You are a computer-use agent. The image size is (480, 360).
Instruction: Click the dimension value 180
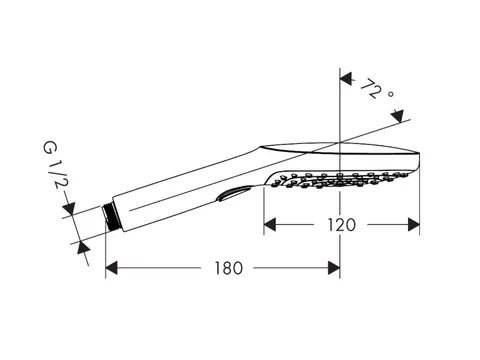coord(228,268)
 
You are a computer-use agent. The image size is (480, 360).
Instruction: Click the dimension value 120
coord(342,225)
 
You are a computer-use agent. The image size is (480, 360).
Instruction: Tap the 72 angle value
coord(371,89)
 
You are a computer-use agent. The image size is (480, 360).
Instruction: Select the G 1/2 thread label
coord(55,165)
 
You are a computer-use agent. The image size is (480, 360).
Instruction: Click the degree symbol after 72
coord(391,94)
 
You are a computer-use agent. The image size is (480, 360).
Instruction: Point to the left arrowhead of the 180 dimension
coord(111,268)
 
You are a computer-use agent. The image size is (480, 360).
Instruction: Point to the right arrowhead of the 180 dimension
coord(334,268)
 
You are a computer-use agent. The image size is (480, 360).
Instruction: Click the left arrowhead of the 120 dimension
coord(270,225)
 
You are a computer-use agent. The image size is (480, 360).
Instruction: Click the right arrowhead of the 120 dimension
coord(414,225)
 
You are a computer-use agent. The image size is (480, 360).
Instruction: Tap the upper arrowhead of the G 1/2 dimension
coord(69,207)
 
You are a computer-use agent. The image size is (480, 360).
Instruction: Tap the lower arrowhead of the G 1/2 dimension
coord(84,248)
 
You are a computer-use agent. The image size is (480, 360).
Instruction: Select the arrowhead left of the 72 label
coord(346,78)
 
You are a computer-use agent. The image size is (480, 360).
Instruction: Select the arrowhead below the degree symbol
coord(397,116)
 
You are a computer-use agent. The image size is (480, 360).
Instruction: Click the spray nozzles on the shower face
coord(338,179)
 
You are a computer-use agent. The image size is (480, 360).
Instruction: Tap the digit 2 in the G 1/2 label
coord(57,183)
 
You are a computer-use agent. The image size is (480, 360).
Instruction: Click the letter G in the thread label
coord(50,147)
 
